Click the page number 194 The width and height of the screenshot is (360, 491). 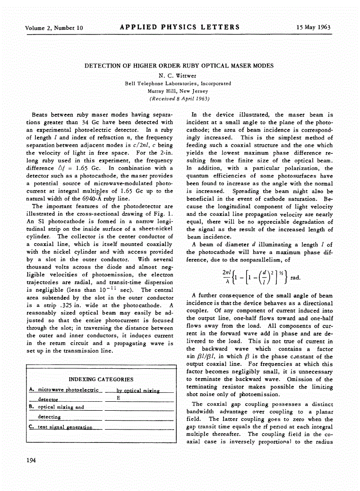point(31,461)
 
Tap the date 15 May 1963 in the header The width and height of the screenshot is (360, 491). point(313,27)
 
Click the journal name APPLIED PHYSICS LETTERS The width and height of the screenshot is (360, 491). point(180,27)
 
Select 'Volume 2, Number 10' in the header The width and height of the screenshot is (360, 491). point(54,28)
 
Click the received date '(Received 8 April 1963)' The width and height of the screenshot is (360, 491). point(179,99)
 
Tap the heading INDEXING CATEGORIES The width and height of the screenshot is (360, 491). point(101,379)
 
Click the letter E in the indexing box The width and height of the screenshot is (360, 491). point(118,398)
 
